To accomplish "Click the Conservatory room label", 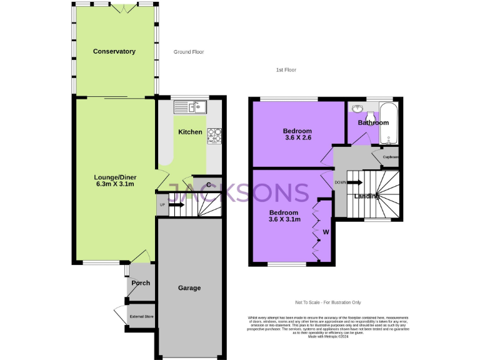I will (x=114, y=51).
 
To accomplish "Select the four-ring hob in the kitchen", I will (x=215, y=135).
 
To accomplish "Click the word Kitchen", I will (x=190, y=132).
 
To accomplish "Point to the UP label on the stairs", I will (x=162, y=204).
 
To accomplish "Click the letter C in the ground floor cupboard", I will (x=209, y=184).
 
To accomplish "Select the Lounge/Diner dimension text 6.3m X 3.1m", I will (x=115, y=185).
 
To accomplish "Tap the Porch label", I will (x=141, y=283).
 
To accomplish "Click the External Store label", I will (x=141, y=317).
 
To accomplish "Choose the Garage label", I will (x=189, y=288).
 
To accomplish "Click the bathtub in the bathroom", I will (x=387, y=119).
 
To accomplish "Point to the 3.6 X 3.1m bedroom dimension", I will (x=284, y=219).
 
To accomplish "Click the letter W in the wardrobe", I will (x=326, y=232).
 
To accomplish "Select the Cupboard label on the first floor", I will (x=391, y=157).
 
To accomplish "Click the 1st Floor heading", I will (x=286, y=70).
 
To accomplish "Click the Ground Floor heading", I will (x=189, y=52).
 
